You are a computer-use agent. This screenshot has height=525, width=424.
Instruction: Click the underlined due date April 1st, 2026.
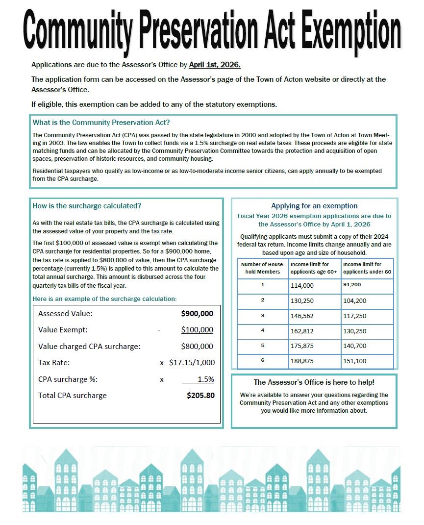[214, 64]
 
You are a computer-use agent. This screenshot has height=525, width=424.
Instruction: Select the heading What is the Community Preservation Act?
[101, 123]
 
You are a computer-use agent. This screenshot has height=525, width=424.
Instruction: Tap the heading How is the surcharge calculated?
[87, 206]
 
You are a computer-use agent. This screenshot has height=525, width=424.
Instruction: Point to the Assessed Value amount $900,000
[197, 314]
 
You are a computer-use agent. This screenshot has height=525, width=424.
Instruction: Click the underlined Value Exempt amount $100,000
[197, 330]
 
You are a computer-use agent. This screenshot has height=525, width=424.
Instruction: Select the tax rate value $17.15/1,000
[192, 363]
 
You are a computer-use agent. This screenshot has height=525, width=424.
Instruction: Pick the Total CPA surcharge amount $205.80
[200, 395]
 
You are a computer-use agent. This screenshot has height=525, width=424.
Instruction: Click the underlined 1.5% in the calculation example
[205, 379]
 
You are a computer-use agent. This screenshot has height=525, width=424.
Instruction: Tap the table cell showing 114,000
[302, 286]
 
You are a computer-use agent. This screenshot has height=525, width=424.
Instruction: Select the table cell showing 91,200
[352, 284]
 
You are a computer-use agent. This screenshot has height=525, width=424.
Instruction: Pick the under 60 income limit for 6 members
[355, 361]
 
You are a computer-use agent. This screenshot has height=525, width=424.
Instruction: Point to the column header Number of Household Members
[263, 268]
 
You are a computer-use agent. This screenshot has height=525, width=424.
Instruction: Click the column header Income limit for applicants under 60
[367, 268]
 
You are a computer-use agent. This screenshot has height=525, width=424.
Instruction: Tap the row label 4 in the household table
[263, 330]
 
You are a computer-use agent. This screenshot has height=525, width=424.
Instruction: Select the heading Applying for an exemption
[314, 206]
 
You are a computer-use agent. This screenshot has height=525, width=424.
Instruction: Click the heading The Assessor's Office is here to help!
[314, 382]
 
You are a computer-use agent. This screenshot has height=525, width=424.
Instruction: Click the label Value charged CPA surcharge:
[89, 346]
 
